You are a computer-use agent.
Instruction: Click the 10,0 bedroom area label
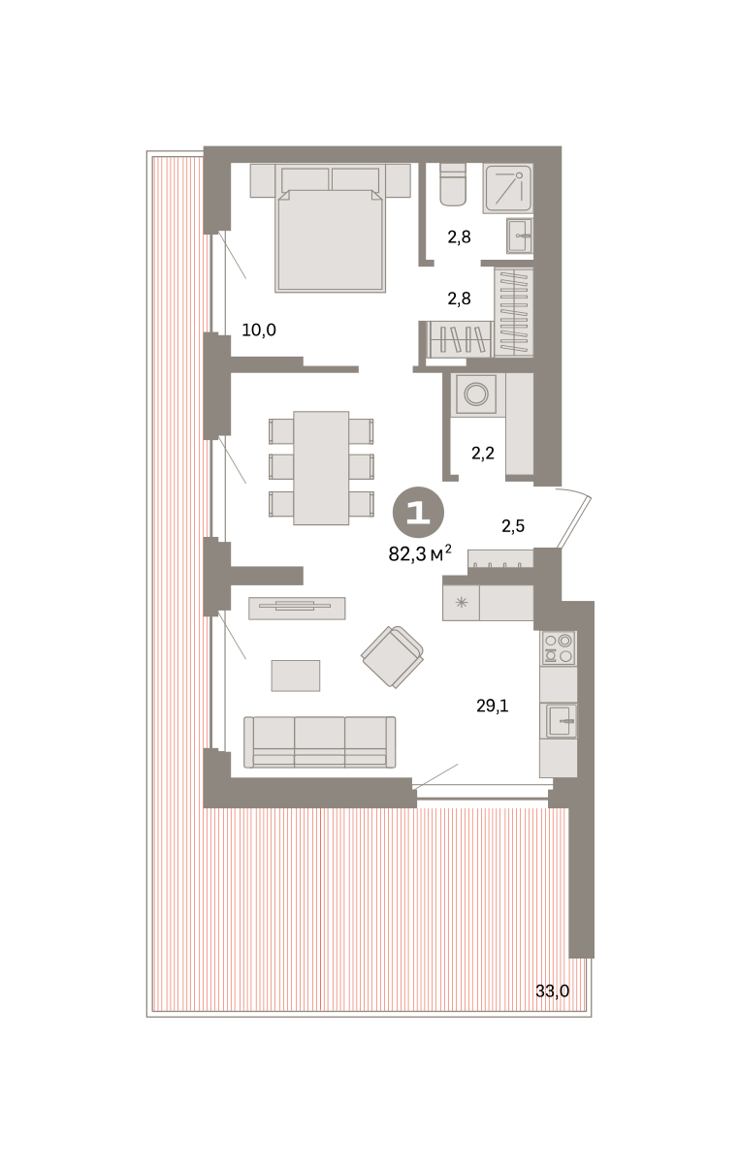click(259, 330)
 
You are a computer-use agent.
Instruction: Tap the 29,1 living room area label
click(492, 706)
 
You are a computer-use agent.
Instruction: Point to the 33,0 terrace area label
click(553, 991)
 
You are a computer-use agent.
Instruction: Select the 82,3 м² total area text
click(420, 554)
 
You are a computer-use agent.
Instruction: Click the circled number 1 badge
click(418, 513)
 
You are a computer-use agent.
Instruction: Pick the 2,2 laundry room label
click(483, 454)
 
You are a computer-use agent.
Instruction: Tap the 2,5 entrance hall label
click(513, 526)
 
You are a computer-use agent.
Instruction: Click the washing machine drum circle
click(476, 394)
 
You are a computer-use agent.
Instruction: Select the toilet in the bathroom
click(453, 184)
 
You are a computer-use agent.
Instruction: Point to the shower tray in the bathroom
click(507, 188)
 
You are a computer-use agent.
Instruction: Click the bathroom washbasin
click(520, 236)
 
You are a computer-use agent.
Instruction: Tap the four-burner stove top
click(559, 648)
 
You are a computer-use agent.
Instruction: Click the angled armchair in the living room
click(393, 657)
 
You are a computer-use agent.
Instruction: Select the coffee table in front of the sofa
click(296, 676)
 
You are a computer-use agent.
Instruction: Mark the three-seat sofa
click(320, 742)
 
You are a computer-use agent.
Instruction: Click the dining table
click(321, 468)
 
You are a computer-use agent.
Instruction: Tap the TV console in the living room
click(297, 608)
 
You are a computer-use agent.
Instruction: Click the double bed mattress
click(330, 240)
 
